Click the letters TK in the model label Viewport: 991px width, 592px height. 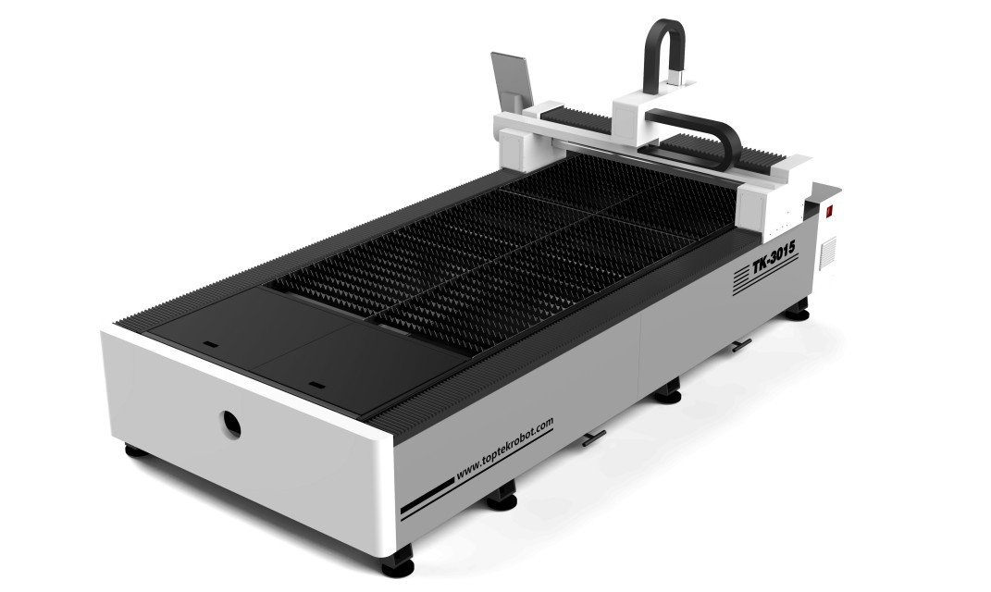point(761,266)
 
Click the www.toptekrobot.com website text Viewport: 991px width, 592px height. point(504,448)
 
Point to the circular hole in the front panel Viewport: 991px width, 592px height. point(230,425)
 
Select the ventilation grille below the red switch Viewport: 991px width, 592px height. point(828,253)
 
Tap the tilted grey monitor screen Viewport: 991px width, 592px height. point(511,80)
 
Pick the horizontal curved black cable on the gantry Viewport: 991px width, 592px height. point(701,136)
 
